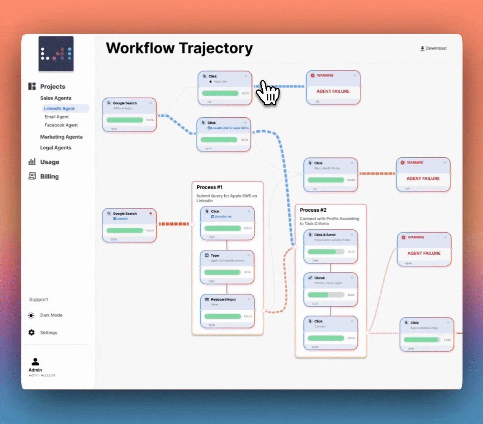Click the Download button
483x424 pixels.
[434, 48]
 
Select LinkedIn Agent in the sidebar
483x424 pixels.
[59, 108]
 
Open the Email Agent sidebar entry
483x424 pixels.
[57, 117]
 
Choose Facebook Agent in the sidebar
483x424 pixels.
[61, 125]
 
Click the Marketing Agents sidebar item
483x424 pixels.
[61, 137]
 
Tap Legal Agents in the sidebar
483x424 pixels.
[56, 148]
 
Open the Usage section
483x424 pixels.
[49, 162]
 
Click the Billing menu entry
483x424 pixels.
[49, 176]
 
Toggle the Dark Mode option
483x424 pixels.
[51, 315]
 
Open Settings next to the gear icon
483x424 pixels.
[48, 333]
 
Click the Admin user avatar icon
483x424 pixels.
[35, 362]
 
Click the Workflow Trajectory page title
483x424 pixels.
[179, 48]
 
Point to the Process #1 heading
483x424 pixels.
[209, 187]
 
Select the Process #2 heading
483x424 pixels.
[313, 210]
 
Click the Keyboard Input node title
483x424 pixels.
[223, 300]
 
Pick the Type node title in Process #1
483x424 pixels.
[215, 256]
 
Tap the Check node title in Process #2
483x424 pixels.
[319, 278]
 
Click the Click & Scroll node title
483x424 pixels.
[325, 235]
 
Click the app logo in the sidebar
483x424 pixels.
[56, 54]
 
